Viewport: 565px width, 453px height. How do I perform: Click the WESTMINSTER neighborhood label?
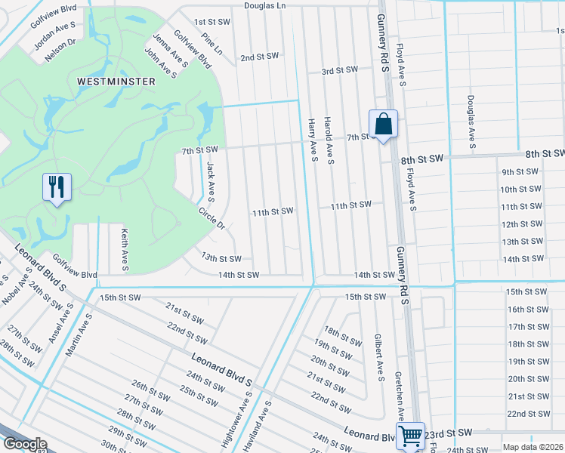point(116,81)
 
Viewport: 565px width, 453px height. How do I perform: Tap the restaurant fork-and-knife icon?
point(57,187)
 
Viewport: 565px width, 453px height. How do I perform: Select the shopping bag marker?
point(383,125)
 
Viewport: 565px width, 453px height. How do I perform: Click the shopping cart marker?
point(410,435)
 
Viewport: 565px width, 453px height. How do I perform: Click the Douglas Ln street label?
point(265,5)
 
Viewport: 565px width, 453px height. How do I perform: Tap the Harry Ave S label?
point(312,140)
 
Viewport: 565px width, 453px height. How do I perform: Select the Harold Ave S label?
point(329,141)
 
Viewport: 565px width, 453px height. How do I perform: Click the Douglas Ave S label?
point(471,121)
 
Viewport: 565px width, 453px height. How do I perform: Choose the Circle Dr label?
point(211,218)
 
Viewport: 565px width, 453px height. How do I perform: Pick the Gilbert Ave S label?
point(380,356)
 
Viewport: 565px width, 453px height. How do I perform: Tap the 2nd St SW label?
point(260,57)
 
